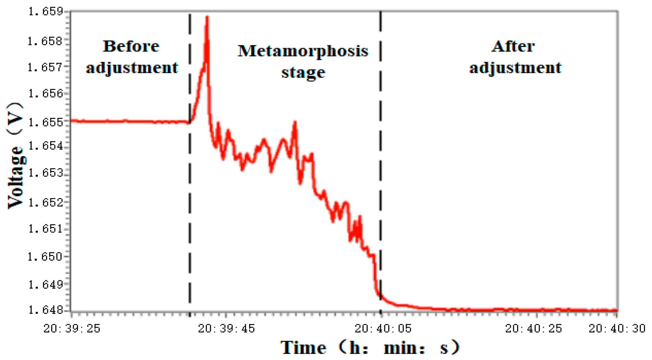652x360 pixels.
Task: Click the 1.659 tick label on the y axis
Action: click(x=45, y=12)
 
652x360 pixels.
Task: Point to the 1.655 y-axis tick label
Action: click(x=45, y=122)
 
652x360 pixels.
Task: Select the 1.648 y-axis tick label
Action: click(x=45, y=310)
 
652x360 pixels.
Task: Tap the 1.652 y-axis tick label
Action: click(x=45, y=203)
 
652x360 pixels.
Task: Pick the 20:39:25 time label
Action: click(x=72, y=328)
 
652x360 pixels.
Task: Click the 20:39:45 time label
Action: click(x=226, y=328)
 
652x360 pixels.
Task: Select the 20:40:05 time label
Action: click(x=383, y=328)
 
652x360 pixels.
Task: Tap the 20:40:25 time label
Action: click(x=533, y=328)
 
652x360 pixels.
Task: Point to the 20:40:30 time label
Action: click(x=617, y=328)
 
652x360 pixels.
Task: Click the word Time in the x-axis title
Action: click(x=303, y=348)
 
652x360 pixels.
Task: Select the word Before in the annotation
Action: click(x=131, y=46)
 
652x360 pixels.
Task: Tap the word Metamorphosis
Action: click(x=303, y=51)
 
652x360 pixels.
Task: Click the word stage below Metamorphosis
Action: click(x=303, y=73)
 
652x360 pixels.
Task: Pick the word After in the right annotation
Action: click(x=513, y=46)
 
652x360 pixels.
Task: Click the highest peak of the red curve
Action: click(x=207, y=17)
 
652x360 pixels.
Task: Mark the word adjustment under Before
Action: click(x=132, y=68)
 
